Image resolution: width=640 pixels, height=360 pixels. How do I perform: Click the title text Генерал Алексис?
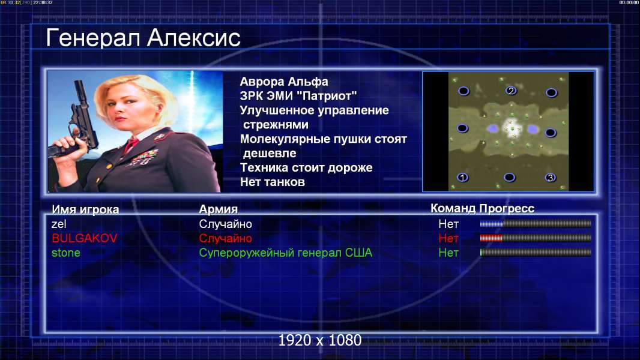point(143,38)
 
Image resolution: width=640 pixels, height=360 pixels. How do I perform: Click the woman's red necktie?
point(131,144)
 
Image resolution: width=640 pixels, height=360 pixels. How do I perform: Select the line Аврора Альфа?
point(283,82)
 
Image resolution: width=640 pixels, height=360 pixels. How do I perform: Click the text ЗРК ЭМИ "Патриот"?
point(298,96)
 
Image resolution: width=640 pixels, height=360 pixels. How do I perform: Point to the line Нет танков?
point(272,182)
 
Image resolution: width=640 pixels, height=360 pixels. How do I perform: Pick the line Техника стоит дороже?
point(306,167)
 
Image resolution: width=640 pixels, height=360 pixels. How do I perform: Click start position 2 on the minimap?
point(511,91)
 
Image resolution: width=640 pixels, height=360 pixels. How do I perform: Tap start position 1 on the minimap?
point(462,178)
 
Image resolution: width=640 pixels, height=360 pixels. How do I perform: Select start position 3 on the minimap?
point(551,178)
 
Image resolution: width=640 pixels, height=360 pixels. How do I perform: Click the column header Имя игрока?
point(85,209)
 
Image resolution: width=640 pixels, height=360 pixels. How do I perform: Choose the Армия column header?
point(219,209)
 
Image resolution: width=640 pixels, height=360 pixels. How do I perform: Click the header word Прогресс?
point(507,209)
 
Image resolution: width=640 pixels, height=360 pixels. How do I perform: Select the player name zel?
point(59,224)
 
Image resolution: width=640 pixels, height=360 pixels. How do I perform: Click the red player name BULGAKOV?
point(85,238)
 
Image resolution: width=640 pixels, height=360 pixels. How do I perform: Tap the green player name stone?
point(65,253)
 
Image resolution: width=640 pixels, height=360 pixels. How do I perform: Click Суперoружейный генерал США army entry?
point(286,253)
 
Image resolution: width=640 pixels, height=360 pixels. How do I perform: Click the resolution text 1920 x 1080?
point(320,340)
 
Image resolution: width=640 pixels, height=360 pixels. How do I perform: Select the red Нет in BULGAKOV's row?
point(448,238)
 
